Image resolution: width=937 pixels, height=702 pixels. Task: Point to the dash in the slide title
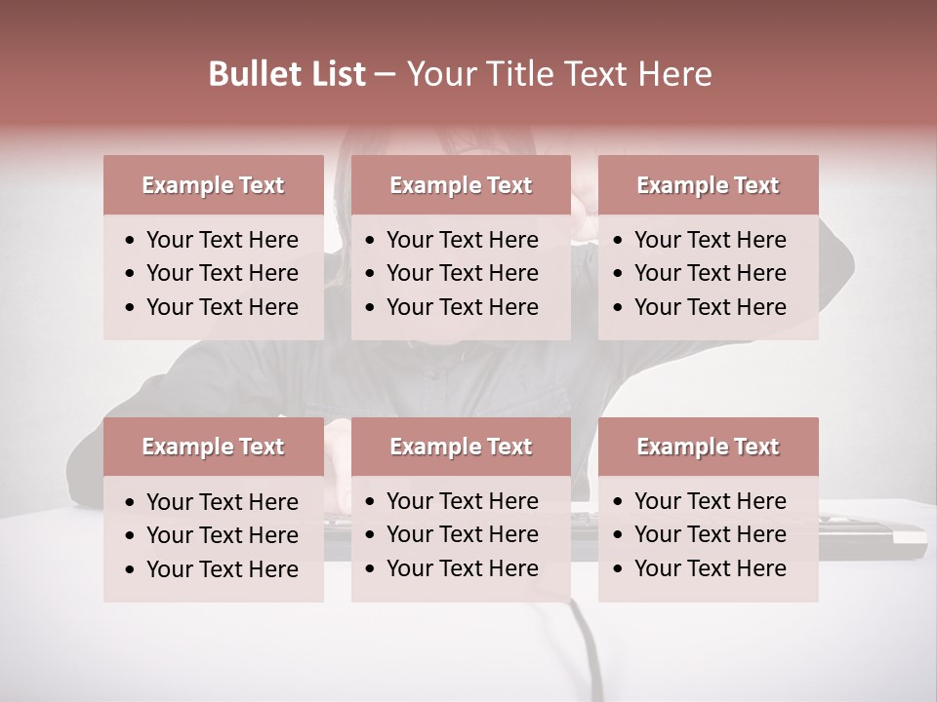[385, 74]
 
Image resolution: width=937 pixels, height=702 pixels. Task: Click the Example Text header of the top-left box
[213, 185]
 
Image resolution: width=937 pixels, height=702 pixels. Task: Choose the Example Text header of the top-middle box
[461, 185]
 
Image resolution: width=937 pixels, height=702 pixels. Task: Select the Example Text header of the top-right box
[708, 185]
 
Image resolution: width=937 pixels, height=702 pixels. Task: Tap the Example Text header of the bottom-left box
[213, 447]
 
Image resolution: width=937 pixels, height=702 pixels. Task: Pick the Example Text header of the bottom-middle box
[461, 447]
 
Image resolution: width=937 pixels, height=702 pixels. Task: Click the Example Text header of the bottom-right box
[708, 447]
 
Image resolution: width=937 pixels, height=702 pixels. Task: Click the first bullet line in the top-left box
[222, 240]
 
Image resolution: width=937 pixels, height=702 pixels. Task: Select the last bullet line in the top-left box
[222, 307]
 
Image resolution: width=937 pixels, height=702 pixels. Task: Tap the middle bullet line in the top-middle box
[462, 273]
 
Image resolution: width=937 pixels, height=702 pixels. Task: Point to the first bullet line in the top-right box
[710, 240]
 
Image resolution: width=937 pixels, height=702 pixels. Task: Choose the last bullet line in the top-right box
[710, 307]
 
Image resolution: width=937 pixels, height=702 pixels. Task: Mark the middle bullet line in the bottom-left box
[222, 535]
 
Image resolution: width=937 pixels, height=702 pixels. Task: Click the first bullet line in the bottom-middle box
[462, 501]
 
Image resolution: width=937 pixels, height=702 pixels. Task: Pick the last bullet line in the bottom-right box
[710, 568]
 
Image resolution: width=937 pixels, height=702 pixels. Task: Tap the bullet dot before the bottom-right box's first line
[619, 502]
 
